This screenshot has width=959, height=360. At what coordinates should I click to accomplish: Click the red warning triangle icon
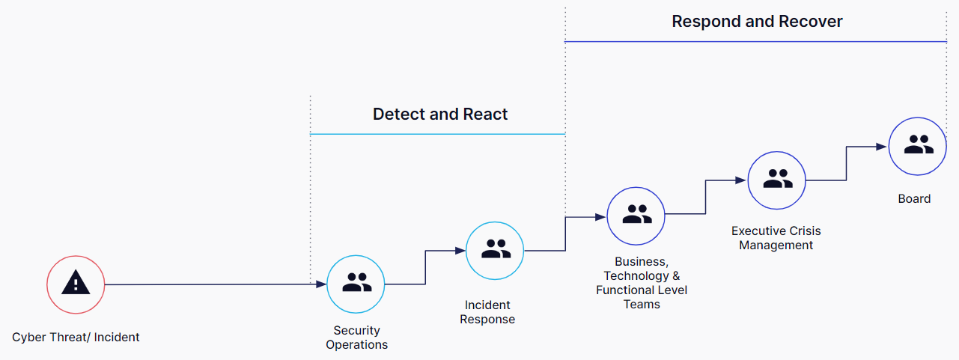pos(76,284)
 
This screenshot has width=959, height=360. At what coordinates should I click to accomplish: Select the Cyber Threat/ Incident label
pos(76,337)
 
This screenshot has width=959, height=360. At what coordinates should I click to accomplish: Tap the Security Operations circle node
pos(356,284)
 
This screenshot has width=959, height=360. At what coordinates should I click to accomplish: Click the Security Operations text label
pos(357,338)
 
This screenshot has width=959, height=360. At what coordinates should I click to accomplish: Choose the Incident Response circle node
pos(495,250)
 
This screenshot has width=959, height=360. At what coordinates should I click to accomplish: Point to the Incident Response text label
pos(487,312)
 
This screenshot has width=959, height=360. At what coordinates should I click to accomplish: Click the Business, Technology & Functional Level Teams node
pos(636,216)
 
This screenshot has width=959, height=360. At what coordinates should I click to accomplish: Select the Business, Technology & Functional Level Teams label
pos(642,283)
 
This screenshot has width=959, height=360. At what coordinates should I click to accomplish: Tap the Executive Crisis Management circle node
pos(776,180)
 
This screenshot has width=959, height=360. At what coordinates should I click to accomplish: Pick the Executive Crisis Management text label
pos(776,238)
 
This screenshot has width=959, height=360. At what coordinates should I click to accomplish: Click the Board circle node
pos(917,147)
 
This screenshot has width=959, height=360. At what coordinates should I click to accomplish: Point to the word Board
pos(914,199)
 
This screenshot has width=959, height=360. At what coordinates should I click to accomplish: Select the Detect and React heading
pos(440,115)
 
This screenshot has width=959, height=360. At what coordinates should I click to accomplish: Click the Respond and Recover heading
pos(757,22)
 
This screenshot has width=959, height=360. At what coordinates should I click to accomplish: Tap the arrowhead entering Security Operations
pos(321,284)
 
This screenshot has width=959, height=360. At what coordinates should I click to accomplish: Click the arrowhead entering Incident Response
pos(460,251)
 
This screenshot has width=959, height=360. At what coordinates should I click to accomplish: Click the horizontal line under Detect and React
pos(437,135)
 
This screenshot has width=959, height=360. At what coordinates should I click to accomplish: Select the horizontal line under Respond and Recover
pos(756,42)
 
